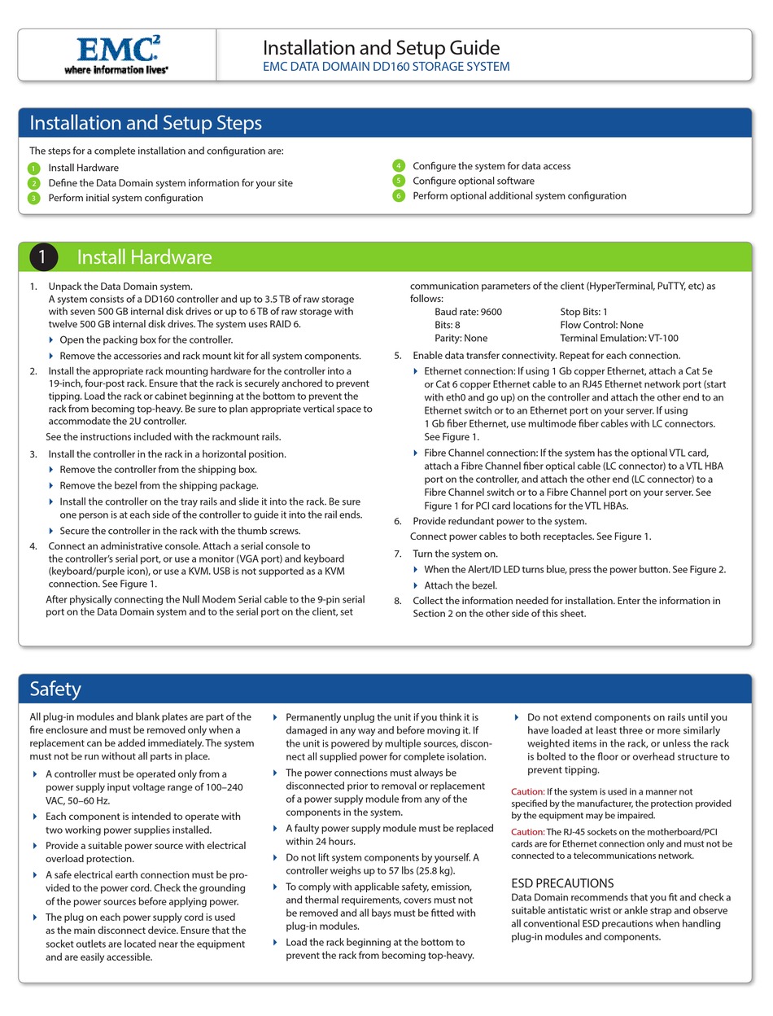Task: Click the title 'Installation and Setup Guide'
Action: pyautogui.click(x=381, y=47)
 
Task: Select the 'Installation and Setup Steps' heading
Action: pyautogui.click(x=146, y=123)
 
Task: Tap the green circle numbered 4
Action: pyautogui.click(x=399, y=166)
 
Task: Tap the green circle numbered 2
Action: pyautogui.click(x=33, y=183)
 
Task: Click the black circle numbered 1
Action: pyautogui.click(x=43, y=257)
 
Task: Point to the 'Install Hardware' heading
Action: pyautogui.click(x=144, y=257)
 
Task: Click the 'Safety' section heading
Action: pyautogui.click(x=55, y=689)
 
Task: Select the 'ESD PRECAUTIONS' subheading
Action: pyautogui.click(x=562, y=883)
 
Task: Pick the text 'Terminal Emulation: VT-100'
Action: pyautogui.click(x=618, y=338)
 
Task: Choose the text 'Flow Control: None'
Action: pyautogui.click(x=601, y=325)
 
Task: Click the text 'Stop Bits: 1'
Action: pyautogui.click(x=583, y=312)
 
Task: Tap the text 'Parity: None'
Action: pyautogui.click(x=461, y=338)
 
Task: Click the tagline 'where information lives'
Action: pyautogui.click(x=116, y=70)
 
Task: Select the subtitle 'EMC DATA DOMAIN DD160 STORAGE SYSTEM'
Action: pyautogui.click(x=386, y=67)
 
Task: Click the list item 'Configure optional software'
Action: pyautogui.click(x=473, y=181)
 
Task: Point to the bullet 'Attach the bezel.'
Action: pyautogui.click(x=461, y=585)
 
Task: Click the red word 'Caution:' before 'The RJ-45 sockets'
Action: pyautogui.click(x=527, y=831)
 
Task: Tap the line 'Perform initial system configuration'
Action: pyautogui.click(x=125, y=198)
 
